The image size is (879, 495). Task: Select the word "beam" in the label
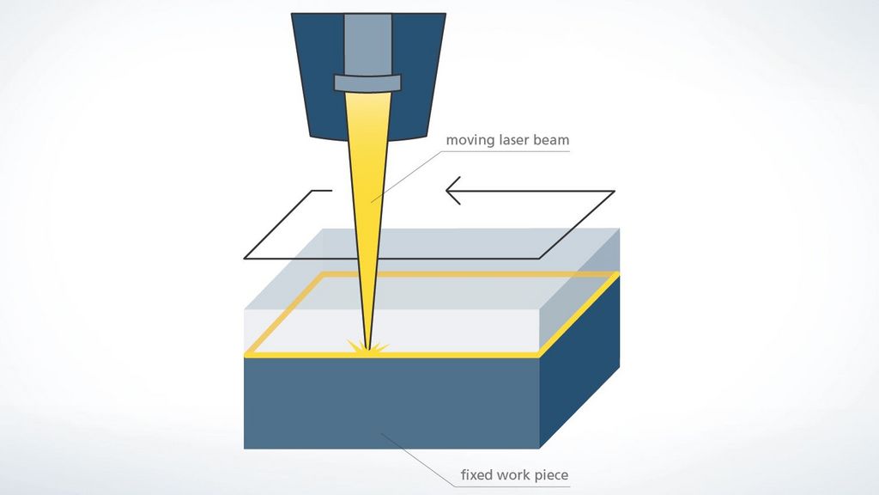coord(552,140)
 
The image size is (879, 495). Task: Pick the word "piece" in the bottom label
coord(552,476)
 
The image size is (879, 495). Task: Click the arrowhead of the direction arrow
coord(453,191)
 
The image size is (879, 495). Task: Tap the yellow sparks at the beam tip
coord(367,346)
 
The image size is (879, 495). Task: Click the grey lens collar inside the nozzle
coord(367,83)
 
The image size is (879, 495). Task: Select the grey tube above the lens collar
coord(367,45)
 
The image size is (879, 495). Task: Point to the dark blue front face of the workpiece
coord(391,403)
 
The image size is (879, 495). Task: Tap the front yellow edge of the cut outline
coord(391,355)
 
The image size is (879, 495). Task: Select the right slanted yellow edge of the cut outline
coord(579,315)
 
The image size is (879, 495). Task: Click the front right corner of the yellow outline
coord(539,355)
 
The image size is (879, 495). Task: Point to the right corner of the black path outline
coord(615,192)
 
